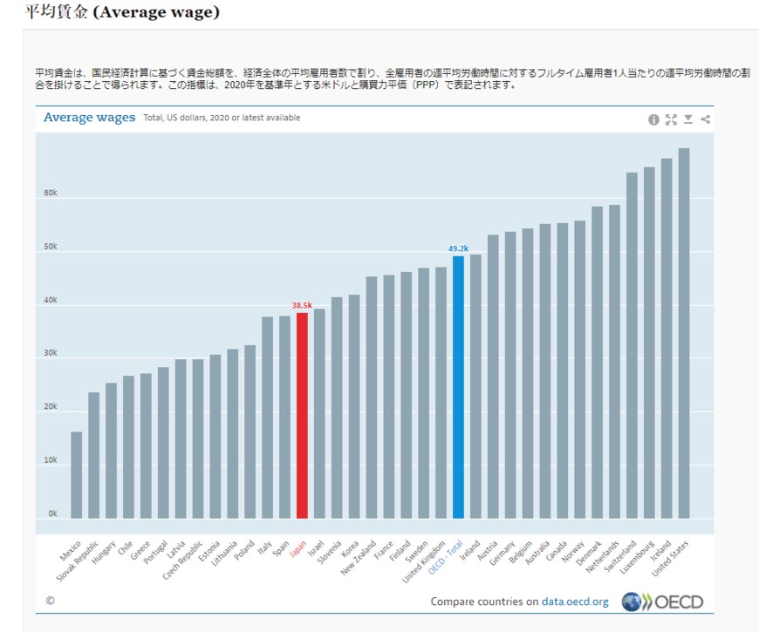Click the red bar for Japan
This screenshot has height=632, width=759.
click(302, 415)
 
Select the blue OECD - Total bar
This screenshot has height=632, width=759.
click(458, 387)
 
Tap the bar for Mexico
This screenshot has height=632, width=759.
click(77, 475)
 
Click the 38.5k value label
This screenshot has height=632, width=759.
click(302, 305)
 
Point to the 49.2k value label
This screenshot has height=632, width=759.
click(458, 248)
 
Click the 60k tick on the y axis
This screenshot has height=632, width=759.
click(52, 194)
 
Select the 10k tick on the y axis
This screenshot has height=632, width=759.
click(52, 460)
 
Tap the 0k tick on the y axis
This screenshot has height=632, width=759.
click(52, 513)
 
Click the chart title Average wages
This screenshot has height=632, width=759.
click(89, 118)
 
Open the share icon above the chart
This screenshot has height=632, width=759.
click(706, 119)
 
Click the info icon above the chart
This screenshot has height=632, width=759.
click(653, 119)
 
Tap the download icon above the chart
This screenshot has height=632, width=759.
click(688, 119)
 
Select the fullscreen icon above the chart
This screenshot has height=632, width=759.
click(671, 119)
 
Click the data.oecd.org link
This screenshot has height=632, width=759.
click(575, 601)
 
